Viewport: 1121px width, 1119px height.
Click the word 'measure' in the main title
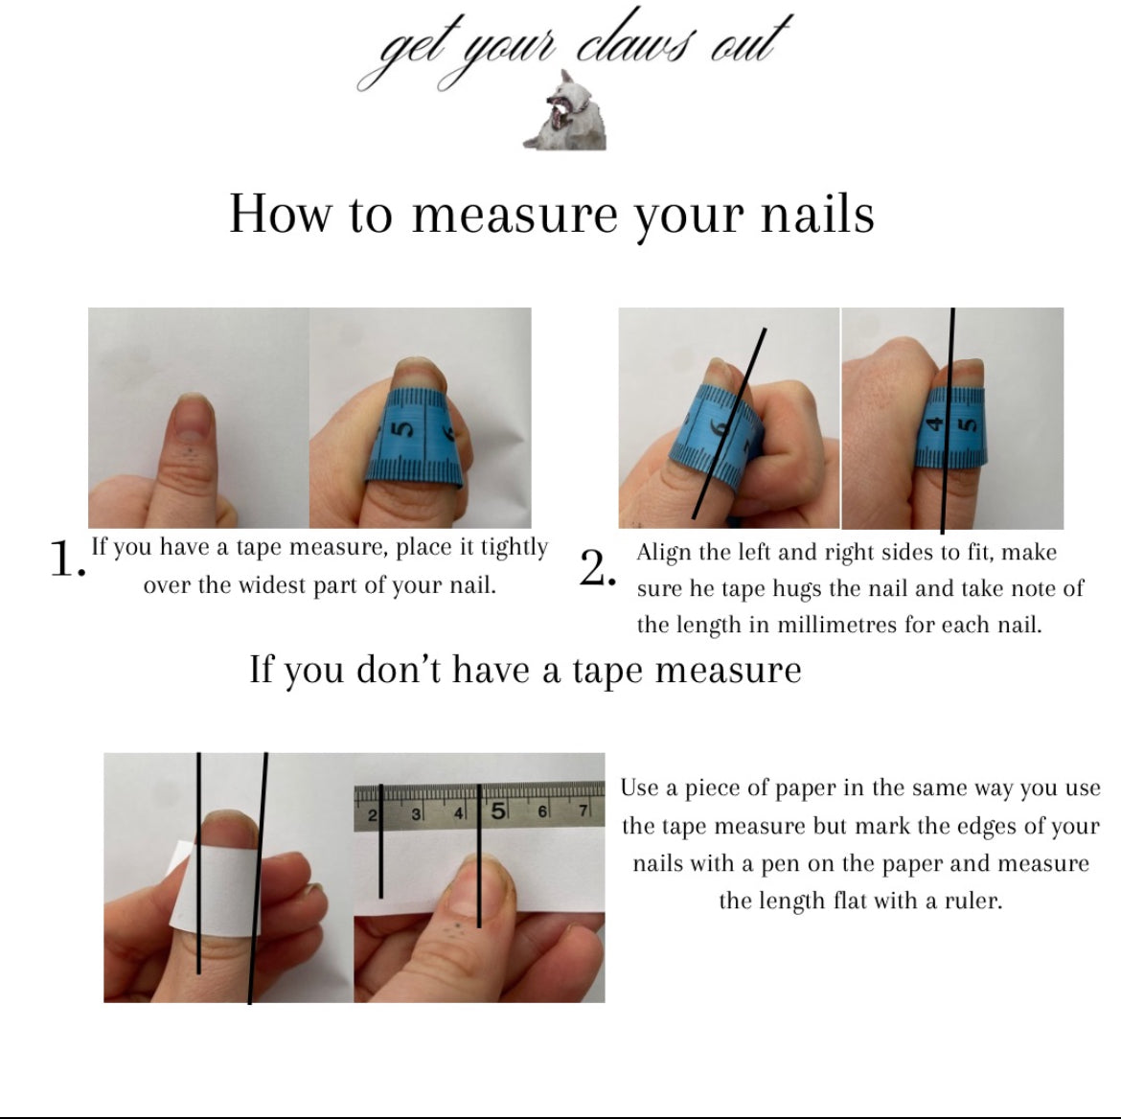point(515,215)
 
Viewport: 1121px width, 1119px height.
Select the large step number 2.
point(597,569)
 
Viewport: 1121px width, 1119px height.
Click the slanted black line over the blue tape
point(729,424)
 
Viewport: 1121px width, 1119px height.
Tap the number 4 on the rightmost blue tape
point(934,424)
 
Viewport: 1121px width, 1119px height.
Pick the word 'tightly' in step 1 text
point(514,548)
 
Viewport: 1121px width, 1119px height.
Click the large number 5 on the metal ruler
point(498,811)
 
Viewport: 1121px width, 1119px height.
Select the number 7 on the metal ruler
point(583,811)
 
